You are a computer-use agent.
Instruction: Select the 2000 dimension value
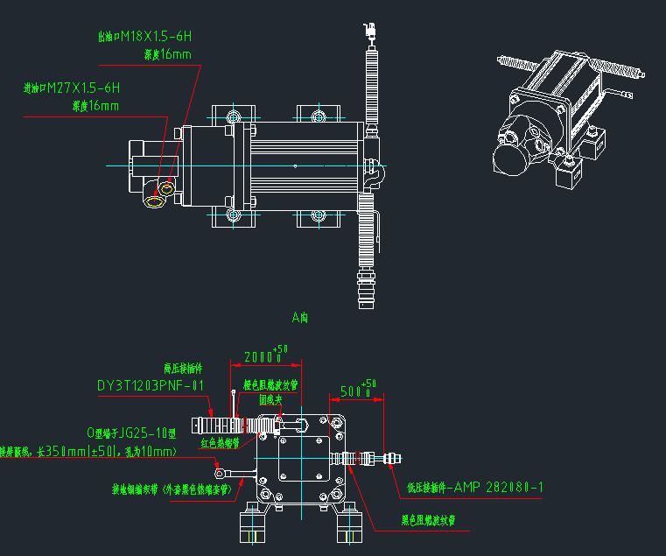tap(259, 357)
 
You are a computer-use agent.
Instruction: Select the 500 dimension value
tap(355, 391)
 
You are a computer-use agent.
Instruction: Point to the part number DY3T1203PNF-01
tap(150, 385)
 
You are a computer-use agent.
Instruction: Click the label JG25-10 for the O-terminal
tap(132, 433)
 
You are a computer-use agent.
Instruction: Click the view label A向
tap(299, 318)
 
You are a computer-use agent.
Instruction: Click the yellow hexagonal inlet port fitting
tap(156, 202)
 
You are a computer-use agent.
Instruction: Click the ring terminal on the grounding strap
tap(221, 474)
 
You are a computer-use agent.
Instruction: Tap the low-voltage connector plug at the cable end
tap(395, 457)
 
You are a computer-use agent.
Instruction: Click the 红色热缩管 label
tap(221, 443)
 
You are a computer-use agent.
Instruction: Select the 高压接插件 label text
tap(183, 369)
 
